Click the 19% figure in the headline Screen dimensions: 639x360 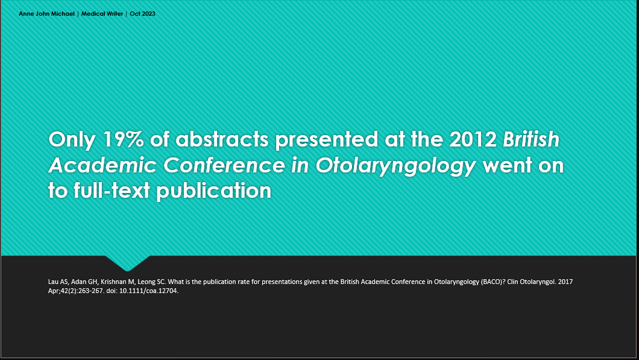pos(122,139)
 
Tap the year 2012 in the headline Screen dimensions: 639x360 pos(473,139)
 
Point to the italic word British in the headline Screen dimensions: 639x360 pos(531,139)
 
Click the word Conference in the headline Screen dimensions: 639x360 pos(224,165)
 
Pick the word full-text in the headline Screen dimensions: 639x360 pos(112,191)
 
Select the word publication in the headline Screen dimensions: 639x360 pos(214,191)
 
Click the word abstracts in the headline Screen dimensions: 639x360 pos(222,139)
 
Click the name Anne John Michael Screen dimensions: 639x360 pos(47,13)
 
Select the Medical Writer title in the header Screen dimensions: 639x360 pos(102,13)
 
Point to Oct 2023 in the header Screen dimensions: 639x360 pos(143,13)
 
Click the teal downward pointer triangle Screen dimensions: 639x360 pos(128,263)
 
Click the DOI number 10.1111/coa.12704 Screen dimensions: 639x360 pos(149,291)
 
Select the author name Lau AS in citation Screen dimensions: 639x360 pos(58,282)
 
